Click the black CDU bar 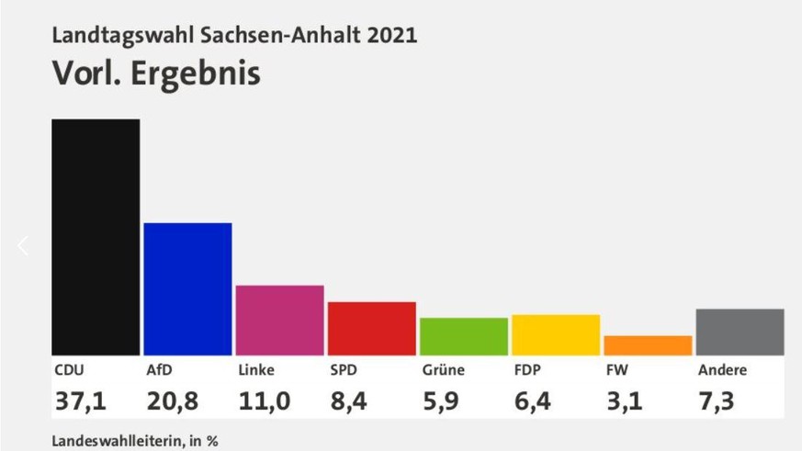pyautogui.click(x=96, y=237)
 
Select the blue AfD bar pyautogui.click(x=187, y=288)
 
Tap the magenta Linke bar pyautogui.click(x=279, y=320)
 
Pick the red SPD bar pyautogui.click(x=371, y=328)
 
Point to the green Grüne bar pyautogui.click(x=463, y=336)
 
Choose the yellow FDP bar pyautogui.click(x=555, y=334)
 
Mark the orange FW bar pyautogui.click(x=647, y=345)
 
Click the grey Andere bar pyautogui.click(x=739, y=332)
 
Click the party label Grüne pyautogui.click(x=443, y=370)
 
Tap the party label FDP pyautogui.click(x=526, y=370)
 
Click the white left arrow pyautogui.click(x=23, y=245)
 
